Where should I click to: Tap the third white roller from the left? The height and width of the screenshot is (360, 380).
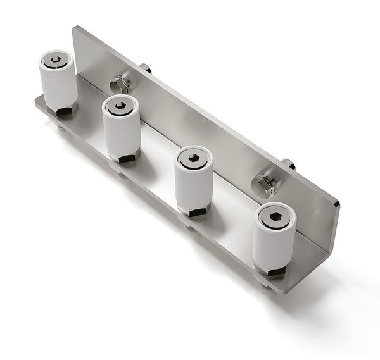193,183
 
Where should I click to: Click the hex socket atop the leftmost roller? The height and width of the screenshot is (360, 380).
56,59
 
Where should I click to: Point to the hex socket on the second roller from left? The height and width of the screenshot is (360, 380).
120,105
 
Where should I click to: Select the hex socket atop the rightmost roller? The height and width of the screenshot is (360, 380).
275,216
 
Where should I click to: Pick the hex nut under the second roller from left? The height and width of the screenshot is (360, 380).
125,158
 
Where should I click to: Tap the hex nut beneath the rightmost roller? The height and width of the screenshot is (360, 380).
275,272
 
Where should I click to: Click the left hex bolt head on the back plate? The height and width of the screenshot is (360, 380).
120,84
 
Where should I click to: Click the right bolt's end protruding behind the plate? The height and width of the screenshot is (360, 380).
288,164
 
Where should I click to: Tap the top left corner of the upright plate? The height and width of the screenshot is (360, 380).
75,28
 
